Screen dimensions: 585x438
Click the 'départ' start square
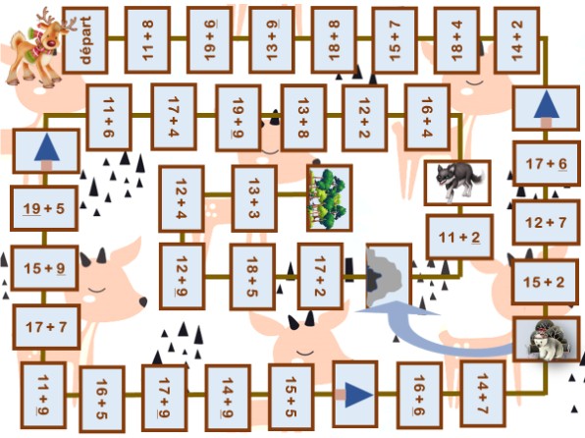tap(85, 40)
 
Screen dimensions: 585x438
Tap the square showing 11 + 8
tap(147, 40)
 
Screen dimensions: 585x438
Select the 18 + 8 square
tap(334, 40)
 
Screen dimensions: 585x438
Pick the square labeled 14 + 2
tap(516, 40)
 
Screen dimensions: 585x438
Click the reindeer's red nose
tap(51, 42)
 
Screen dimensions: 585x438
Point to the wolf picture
tap(457, 183)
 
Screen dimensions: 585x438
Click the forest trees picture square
tap(330, 198)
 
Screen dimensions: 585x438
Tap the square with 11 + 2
tap(459, 237)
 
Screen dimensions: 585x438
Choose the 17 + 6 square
tap(546, 164)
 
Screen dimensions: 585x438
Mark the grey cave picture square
tap(389, 277)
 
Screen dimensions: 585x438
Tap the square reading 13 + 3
tap(254, 198)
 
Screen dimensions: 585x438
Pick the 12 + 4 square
tap(182, 198)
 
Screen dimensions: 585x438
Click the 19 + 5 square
tap(44, 208)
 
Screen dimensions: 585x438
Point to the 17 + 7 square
tap(46, 327)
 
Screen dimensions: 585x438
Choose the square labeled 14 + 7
tap(483, 394)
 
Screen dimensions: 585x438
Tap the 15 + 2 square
tap(545, 282)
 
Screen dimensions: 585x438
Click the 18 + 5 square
tap(252, 277)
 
